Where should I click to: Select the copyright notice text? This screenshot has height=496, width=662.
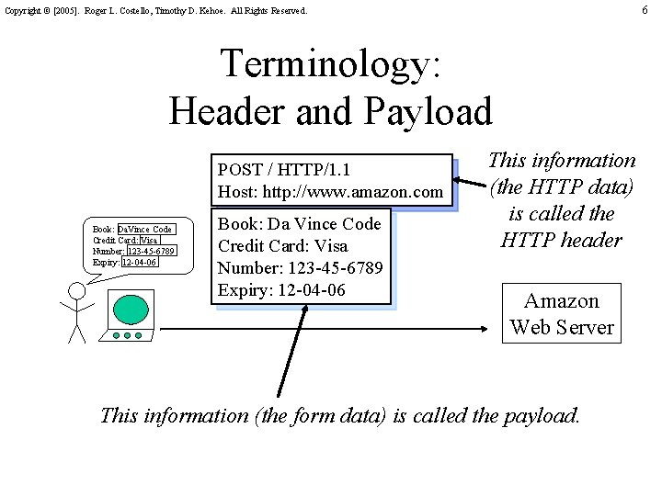(156, 11)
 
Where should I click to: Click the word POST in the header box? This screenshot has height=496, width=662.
(241, 170)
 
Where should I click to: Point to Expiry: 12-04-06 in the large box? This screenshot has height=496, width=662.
(281, 290)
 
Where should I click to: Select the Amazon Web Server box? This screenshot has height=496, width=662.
(562, 314)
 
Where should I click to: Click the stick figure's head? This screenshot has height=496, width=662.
(77, 291)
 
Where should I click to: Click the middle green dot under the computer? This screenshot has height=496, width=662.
(127, 335)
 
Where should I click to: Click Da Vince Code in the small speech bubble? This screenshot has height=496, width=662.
(145, 229)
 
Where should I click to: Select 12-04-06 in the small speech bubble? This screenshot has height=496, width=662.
(139, 262)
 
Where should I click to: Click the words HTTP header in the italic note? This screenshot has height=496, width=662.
(561, 241)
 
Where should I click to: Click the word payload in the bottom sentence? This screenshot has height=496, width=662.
(542, 415)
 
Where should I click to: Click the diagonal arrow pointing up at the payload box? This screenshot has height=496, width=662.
(288, 350)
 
